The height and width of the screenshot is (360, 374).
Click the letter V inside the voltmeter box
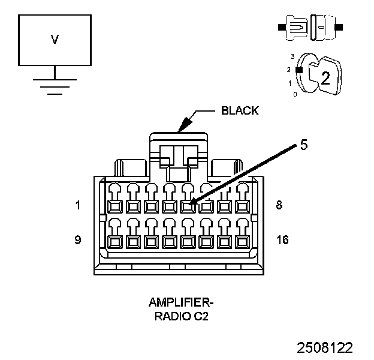coord(55,40)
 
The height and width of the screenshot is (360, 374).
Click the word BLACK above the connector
coord(240,110)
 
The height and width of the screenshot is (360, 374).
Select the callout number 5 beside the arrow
coord(304,145)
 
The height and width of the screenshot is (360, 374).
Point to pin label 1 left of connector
coord(78,205)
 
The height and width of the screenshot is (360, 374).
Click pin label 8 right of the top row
coord(279,205)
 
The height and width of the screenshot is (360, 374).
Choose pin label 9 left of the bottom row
coord(78,239)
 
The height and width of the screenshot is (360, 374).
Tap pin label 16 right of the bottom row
coord(282,239)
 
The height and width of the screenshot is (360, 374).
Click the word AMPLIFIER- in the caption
coord(181,302)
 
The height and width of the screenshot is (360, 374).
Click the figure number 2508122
coord(325,347)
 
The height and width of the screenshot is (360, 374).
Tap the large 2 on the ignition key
coord(325,78)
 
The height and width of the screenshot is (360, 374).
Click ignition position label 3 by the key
coord(292,56)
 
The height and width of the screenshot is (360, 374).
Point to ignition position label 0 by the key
coord(295,95)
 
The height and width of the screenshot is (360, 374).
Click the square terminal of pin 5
coord(188,206)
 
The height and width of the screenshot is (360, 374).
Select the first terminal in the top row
coord(115,206)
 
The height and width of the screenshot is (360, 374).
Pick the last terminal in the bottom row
coord(242,242)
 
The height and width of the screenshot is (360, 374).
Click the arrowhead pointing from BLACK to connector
coord(185,125)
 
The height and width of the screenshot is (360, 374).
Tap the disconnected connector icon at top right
coord(310,28)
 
